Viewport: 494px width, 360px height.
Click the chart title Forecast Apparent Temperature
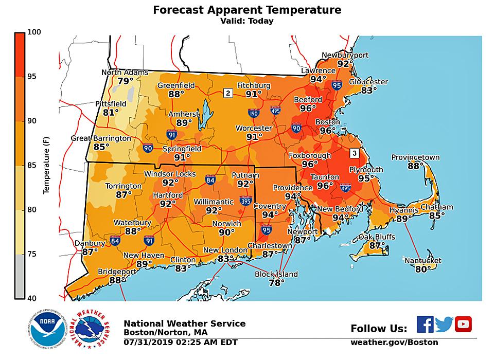(247, 10)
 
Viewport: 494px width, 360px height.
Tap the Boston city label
(328, 122)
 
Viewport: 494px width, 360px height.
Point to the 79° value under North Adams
(125, 81)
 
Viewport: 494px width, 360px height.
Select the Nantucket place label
(422, 260)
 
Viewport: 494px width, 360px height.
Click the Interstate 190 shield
(253, 113)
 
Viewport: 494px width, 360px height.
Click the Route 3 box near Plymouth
(354, 153)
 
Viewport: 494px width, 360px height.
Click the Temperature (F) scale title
(46, 165)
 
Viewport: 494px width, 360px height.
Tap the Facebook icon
(425, 325)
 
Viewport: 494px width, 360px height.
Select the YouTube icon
(463, 324)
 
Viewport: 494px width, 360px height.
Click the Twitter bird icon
(444, 325)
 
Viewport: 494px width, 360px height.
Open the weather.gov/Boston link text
(394, 343)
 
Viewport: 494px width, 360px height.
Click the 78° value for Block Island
(276, 282)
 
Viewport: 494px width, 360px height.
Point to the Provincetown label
(416, 157)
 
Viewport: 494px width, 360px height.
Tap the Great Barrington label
(101, 138)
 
